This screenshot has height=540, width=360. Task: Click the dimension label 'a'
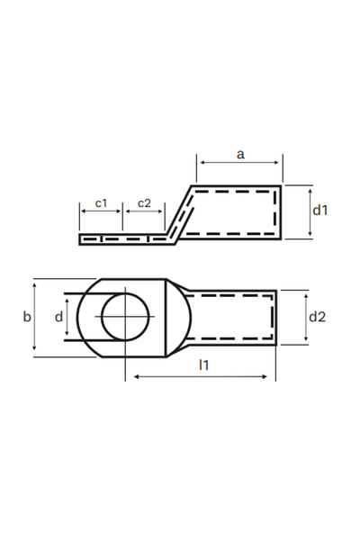coord(240,154)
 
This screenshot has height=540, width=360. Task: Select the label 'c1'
coord(101,203)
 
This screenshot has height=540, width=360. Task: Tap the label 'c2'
coord(144,203)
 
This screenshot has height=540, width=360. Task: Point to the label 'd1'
coord(319,210)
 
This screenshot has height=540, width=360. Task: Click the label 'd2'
coord(317,317)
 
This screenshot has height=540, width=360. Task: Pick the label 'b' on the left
coord(26,316)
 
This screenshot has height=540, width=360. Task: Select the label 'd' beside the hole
coord(58,317)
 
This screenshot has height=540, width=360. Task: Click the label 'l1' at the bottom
coord(204,364)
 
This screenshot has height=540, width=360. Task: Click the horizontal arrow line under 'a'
coord(240,164)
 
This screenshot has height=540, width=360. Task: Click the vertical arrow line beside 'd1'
coord(307,212)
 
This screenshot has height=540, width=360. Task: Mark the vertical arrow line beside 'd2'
coord(307,317)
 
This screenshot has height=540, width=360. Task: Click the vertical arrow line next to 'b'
coord(35,317)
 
